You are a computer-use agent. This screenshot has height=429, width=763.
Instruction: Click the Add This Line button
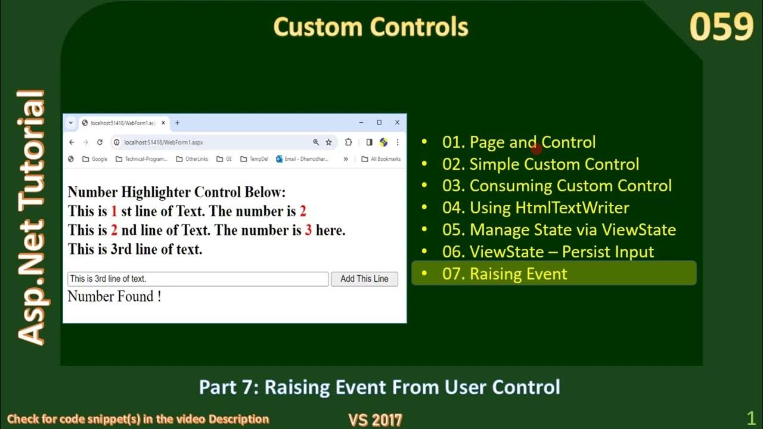(x=364, y=279)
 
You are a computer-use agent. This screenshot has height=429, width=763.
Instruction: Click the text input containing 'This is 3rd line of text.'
(x=198, y=279)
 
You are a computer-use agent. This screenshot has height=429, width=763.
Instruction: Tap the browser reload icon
(x=100, y=142)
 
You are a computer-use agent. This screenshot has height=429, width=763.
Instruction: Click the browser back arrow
(x=72, y=142)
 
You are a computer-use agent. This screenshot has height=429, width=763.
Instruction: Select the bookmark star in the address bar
(x=328, y=142)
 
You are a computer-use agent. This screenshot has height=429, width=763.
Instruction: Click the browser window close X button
(x=397, y=123)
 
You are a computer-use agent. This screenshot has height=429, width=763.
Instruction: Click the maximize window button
(x=379, y=123)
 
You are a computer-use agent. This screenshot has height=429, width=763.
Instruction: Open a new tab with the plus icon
(x=177, y=123)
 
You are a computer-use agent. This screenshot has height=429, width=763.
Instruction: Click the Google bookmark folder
(x=95, y=159)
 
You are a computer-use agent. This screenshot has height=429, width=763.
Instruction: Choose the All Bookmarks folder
(x=381, y=159)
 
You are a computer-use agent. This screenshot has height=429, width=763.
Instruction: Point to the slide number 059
(x=721, y=27)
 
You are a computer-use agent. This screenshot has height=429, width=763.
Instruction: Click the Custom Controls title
(x=371, y=27)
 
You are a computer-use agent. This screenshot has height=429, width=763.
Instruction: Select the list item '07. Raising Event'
(x=518, y=274)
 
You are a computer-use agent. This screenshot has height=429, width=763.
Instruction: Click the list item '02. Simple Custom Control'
(x=554, y=164)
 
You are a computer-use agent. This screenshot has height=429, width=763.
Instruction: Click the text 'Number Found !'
(x=114, y=296)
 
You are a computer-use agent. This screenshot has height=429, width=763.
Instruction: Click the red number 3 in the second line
(x=308, y=230)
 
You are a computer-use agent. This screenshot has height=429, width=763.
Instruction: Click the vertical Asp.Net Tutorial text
(x=31, y=217)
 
